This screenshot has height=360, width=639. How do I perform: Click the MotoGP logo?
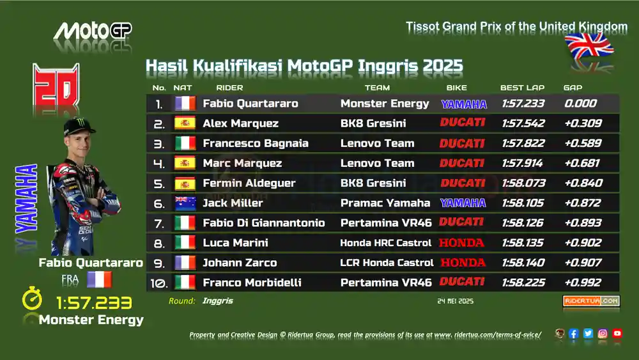point(93,31)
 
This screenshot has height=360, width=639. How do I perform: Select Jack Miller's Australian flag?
point(185,203)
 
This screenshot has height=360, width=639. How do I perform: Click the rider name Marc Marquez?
point(242,163)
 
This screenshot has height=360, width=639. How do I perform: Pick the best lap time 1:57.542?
point(523,123)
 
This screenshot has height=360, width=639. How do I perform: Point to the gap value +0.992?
point(583,282)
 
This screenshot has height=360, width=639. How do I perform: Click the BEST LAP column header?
point(522,88)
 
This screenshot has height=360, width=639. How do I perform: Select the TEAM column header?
point(377,88)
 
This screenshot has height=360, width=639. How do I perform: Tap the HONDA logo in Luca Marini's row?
point(461,243)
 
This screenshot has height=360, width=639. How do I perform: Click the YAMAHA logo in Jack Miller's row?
point(463,203)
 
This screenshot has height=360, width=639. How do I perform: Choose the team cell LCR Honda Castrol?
point(387,263)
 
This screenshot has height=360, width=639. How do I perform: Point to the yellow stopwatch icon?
point(32,299)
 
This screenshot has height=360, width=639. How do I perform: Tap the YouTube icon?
point(617,334)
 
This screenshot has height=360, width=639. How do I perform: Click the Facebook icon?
point(573,334)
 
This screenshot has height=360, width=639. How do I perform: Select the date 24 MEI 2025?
point(455,301)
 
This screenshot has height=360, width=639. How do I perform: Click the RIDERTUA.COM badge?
point(591,301)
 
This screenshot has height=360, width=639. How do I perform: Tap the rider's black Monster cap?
point(79,127)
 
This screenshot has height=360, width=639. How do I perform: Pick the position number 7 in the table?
point(159,223)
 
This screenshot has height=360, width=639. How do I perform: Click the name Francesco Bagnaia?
point(256,143)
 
